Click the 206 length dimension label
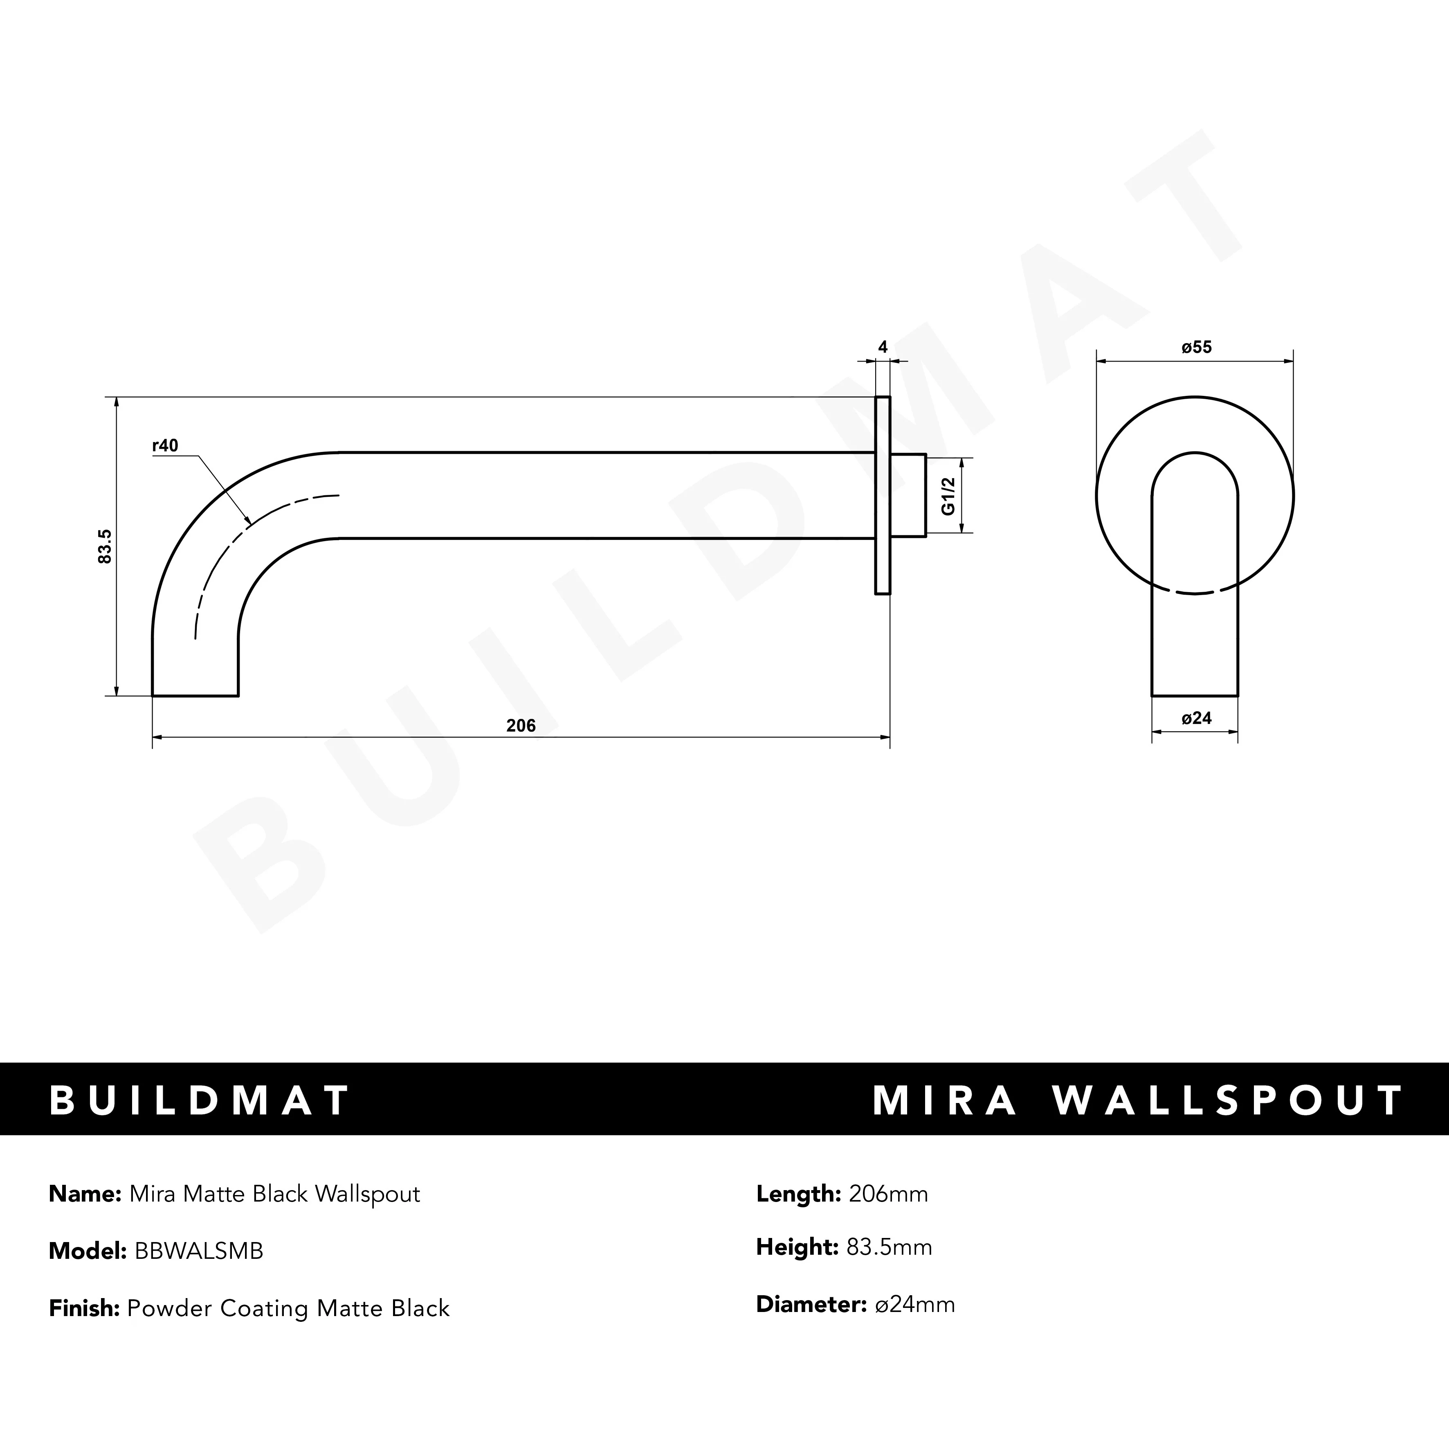point(521,725)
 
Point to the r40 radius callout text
point(165,445)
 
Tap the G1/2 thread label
point(948,496)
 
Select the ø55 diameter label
point(1196,347)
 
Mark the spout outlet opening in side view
point(195,695)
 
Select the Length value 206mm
point(888,1194)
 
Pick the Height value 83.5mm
point(889,1247)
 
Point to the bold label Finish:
point(84,1308)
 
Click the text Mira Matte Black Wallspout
point(274,1194)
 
